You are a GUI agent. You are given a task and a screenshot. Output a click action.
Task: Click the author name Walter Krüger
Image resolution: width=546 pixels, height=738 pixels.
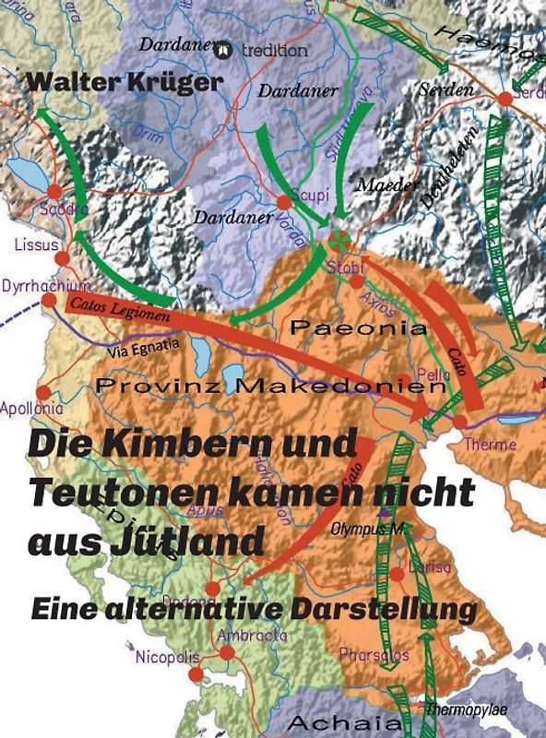(x=125, y=81)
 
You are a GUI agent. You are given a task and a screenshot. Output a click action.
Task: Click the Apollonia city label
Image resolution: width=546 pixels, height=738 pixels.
(x=32, y=408)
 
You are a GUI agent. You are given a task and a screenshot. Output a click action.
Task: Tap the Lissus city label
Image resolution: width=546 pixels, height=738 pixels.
(x=36, y=245)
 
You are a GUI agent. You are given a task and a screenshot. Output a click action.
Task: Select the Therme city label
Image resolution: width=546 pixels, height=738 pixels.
(x=490, y=445)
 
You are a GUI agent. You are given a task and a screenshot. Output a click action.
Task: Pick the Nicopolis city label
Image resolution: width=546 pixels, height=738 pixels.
(x=166, y=658)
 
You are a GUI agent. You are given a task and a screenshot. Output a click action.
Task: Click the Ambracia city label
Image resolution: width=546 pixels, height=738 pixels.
(x=252, y=635)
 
